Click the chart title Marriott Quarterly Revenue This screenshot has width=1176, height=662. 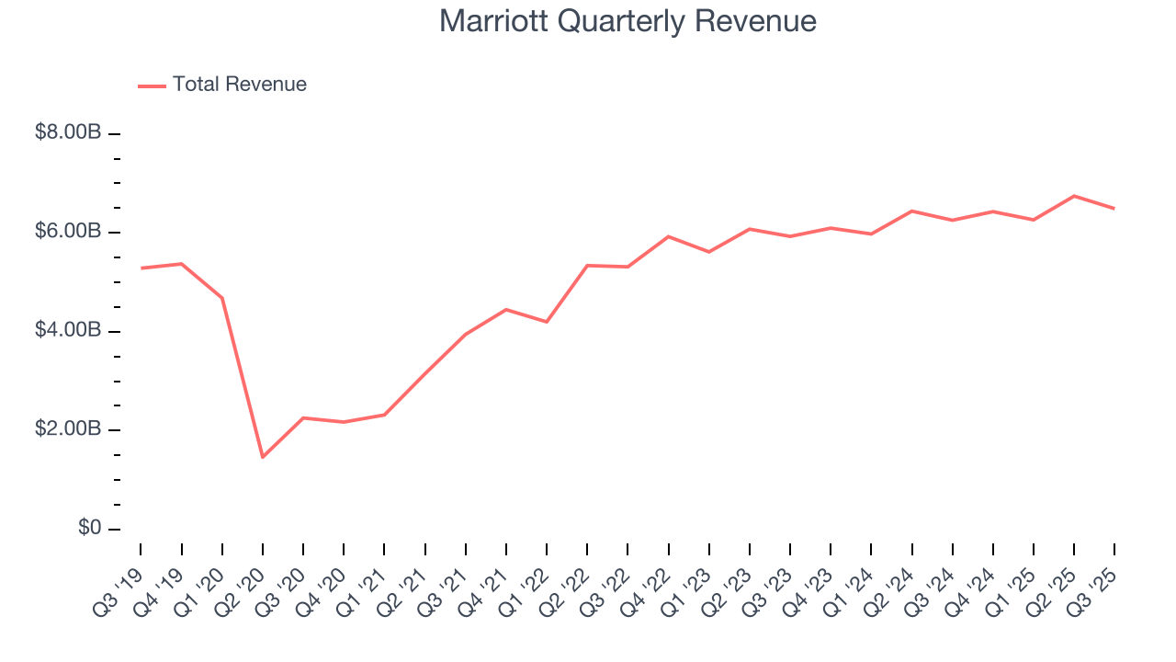pos(628,21)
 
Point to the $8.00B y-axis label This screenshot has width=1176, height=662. pos(68,133)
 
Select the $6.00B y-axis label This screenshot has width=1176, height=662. pos(68,232)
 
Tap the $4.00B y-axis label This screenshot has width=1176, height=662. pos(68,331)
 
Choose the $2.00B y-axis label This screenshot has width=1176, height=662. pos(68,429)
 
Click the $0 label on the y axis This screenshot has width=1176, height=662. pos(88,529)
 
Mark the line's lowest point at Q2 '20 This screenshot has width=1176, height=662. pos(263,457)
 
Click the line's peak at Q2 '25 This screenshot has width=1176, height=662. pos(1074,196)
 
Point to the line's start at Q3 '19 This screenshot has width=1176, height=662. pos(141,268)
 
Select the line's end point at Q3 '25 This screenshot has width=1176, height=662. pos(1114,209)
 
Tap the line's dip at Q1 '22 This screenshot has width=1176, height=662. pos(547,322)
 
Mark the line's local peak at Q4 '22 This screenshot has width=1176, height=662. pos(668,236)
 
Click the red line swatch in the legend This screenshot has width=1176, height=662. pos(152,86)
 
